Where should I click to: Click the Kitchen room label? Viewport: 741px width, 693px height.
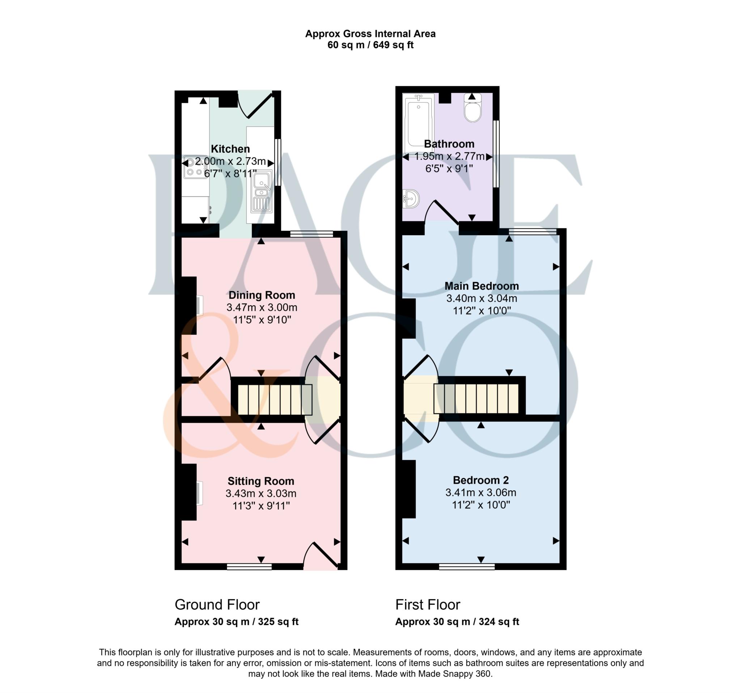click(x=230, y=149)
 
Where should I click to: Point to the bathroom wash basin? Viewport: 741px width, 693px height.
click(x=411, y=198)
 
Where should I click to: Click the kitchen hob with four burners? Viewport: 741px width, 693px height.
click(x=195, y=167)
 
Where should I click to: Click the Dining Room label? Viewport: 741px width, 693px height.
click(x=262, y=295)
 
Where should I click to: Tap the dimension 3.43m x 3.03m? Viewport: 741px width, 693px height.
click(x=261, y=493)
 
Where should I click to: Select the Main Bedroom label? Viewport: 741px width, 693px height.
click(x=482, y=286)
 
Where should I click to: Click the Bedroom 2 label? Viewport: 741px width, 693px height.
click(x=481, y=480)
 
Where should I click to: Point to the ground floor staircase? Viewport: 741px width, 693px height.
click(x=275, y=399)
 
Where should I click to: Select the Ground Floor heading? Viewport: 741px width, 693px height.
click(x=217, y=605)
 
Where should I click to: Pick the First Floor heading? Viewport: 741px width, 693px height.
click(x=428, y=605)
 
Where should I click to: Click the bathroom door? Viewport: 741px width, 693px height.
click(x=442, y=212)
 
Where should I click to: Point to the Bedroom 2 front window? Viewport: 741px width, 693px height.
click(x=467, y=567)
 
